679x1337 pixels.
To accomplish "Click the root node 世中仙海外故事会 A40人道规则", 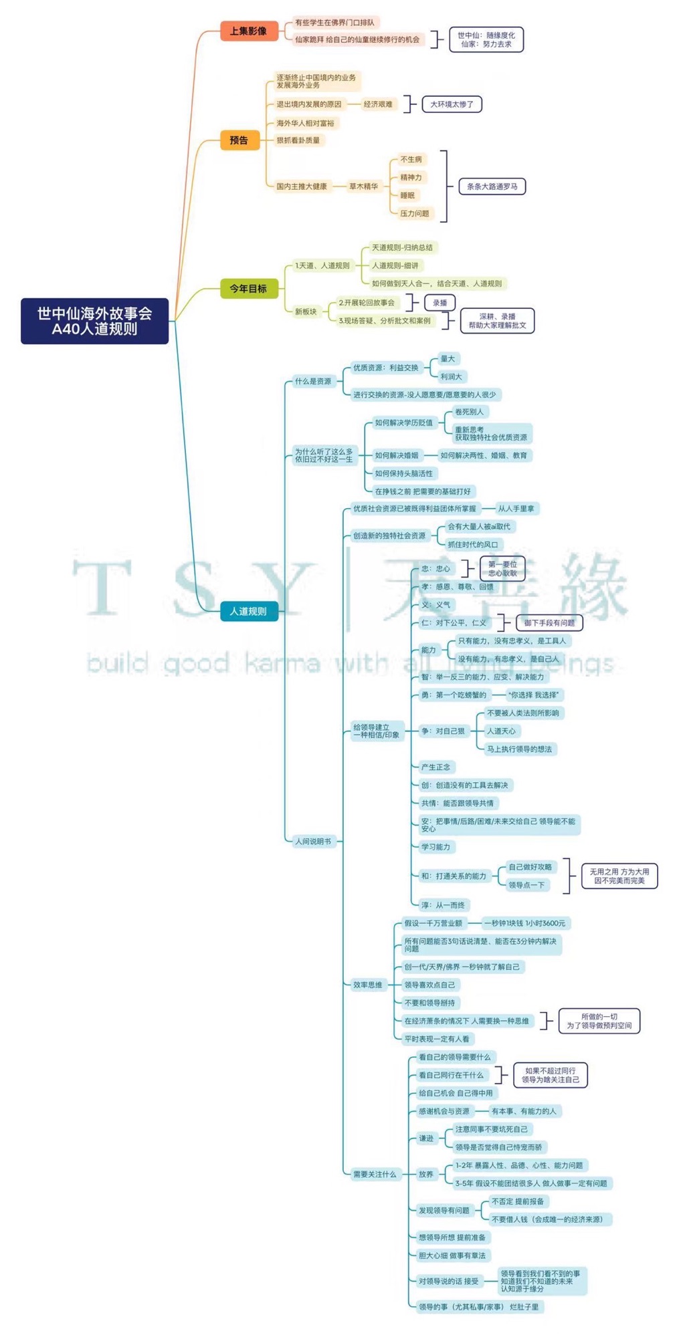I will click(x=94, y=321).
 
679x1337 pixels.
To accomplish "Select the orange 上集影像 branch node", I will click(x=248, y=31).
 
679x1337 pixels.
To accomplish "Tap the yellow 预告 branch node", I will click(x=239, y=140).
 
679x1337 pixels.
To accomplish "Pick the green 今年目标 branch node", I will click(x=248, y=289).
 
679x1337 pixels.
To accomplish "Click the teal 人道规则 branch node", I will click(x=248, y=611).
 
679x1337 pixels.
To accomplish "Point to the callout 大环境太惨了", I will click(x=452, y=104).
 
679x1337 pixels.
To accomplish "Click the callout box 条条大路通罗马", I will click(x=492, y=187).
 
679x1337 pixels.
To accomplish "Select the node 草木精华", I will click(x=363, y=187).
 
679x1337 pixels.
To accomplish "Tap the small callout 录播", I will click(x=440, y=303).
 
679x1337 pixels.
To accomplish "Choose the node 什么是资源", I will click(x=313, y=381).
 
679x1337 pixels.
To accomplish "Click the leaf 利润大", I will click(x=451, y=377).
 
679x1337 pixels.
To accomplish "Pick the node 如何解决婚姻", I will click(x=396, y=455).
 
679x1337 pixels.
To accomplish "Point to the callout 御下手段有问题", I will click(x=549, y=623).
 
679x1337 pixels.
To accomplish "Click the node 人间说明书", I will click(x=313, y=841).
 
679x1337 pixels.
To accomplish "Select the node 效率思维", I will click(x=368, y=985).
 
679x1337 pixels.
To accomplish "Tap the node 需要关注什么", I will click(x=375, y=1174).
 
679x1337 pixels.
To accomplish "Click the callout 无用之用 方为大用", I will click(x=619, y=876).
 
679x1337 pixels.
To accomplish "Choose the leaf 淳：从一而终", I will click(x=442, y=905).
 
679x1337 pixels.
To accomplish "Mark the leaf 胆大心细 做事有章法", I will click(x=452, y=1255).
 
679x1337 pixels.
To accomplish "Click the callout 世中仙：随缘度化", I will click(x=486, y=39).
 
